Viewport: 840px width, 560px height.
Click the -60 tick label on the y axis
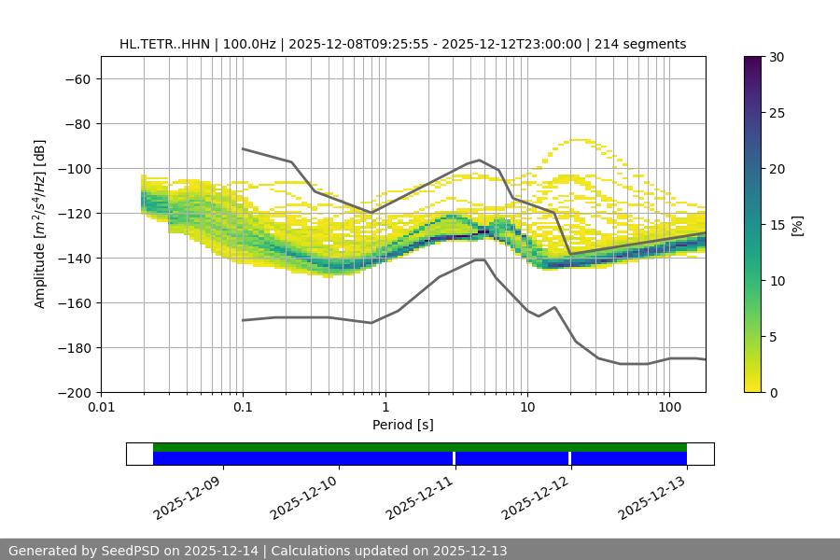point(77,78)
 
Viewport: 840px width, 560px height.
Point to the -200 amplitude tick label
point(73,392)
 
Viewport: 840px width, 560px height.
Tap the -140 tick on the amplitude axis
point(73,258)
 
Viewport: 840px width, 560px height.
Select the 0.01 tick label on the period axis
point(101,408)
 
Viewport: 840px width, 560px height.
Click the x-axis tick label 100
point(669,408)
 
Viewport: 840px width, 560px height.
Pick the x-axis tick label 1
point(385,408)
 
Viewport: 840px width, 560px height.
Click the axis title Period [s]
point(402,425)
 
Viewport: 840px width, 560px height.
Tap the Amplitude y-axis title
point(40,224)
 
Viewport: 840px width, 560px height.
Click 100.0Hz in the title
point(249,44)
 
